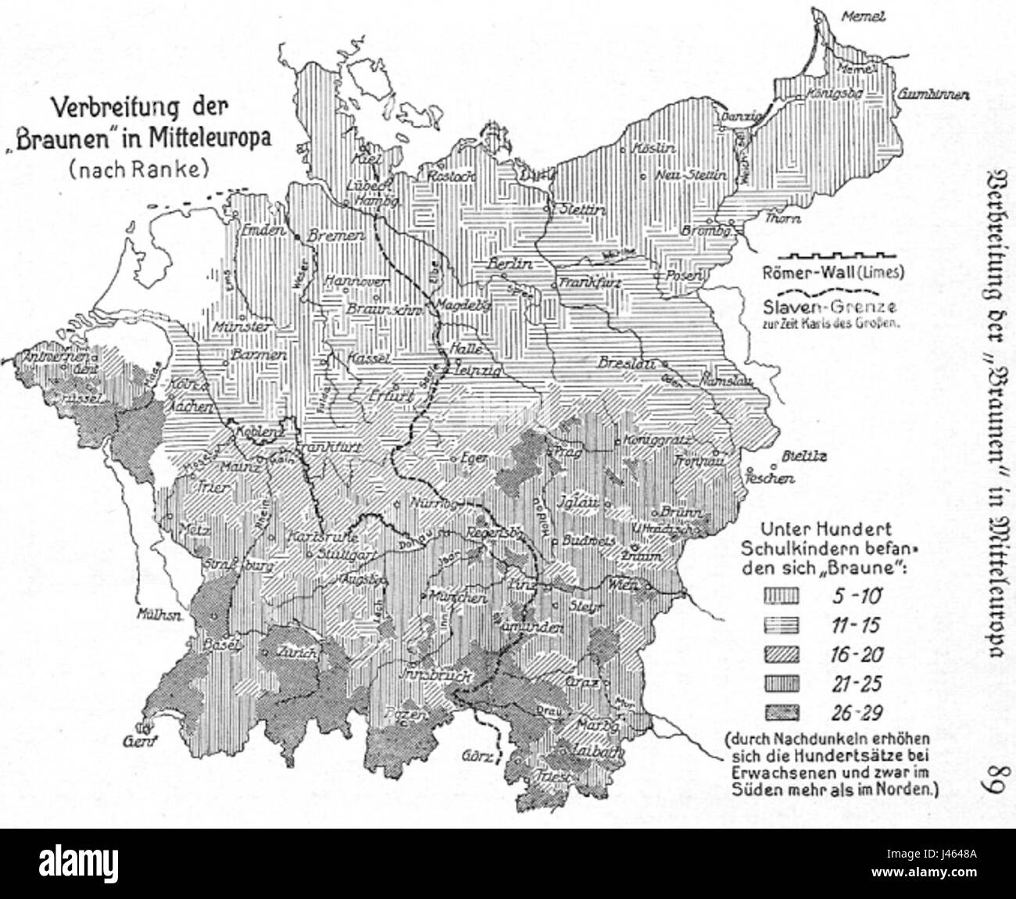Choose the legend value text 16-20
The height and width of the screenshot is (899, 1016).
(x=855, y=655)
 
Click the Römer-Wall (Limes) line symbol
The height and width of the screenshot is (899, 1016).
(x=830, y=256)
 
